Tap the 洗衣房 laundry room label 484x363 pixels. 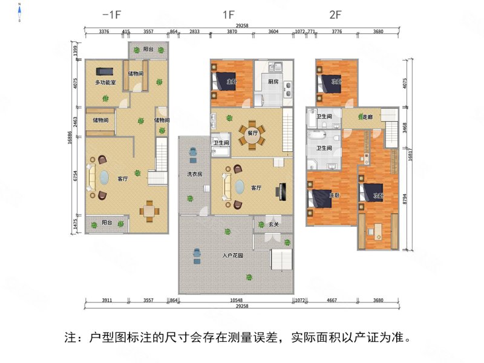pos(194,175)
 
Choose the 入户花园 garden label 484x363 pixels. pos(232,256)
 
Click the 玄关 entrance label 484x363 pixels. pos(274,224)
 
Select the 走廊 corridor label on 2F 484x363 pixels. pos(367,117)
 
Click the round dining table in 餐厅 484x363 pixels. pos(252,139)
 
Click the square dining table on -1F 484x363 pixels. pos(150,211)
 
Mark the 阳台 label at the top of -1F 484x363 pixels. pos(148,49)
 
